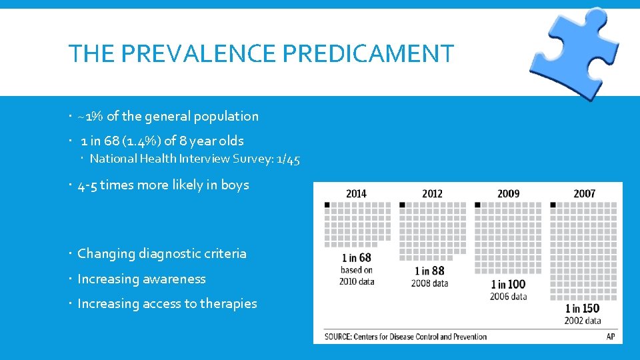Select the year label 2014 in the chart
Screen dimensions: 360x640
(x=356, y=194)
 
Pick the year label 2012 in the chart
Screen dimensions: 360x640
(x=432, y=194)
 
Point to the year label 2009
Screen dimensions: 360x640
(x=508, y=194)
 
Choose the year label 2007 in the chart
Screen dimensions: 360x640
(x=584, y=194)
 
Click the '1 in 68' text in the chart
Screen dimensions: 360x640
(x=357, y=258)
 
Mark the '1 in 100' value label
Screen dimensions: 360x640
(x=507, y=284)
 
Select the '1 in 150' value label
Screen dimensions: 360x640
(x=582, y=308)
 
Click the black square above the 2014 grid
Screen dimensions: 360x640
(x=327, y=205)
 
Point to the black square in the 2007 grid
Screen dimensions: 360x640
(x=553, y=205)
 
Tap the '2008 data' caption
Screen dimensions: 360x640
(x=431, y=283)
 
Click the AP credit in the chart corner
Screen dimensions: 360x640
(x=610, y=337)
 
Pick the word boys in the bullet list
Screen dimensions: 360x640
(x=235, y=185)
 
